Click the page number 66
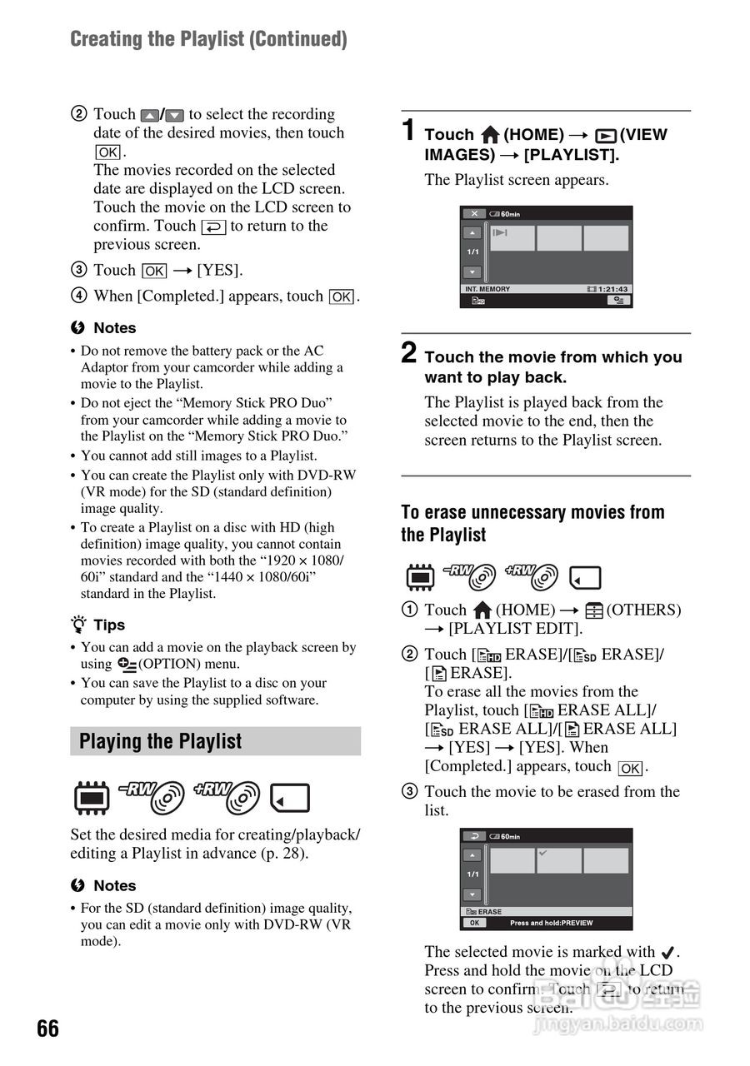pos(48,1029)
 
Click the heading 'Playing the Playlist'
pos(160,741)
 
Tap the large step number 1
pos(408,131)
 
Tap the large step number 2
pos(408,353)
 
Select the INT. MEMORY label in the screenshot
pos(487,289)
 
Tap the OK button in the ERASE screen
pos(473,923)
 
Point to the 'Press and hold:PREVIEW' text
pos(551,923)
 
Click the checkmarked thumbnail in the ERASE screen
pos(558,860)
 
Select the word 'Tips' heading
pos(109,625)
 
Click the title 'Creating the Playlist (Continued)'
pos(208,39)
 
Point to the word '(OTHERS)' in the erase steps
pos(643,610)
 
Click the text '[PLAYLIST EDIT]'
pos(515,629)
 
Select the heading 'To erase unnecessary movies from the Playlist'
pos(532,523)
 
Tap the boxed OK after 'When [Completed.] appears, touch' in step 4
pos(342,296)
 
